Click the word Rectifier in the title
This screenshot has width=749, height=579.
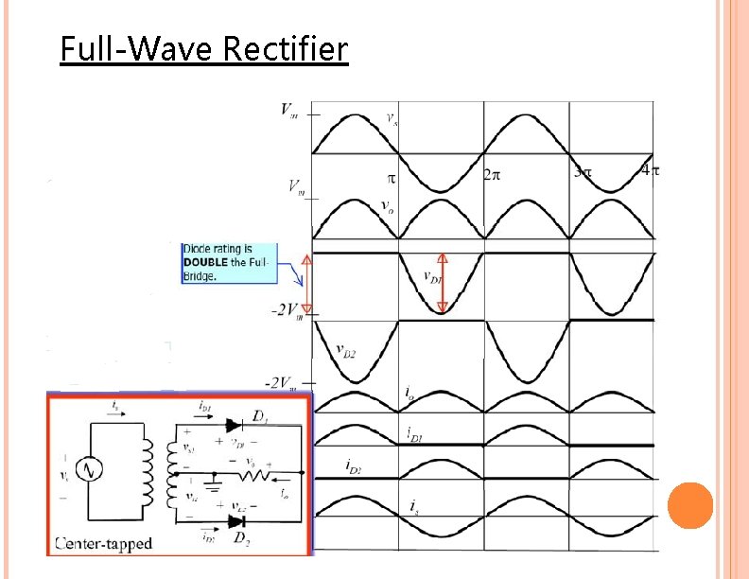(286, 48)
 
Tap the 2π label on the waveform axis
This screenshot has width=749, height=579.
(493, 175)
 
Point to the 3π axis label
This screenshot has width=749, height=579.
(583, 172)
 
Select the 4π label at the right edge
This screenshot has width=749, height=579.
(650, 171)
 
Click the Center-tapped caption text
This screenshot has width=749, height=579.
(104, 544)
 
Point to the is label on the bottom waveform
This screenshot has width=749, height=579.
(413, 509)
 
